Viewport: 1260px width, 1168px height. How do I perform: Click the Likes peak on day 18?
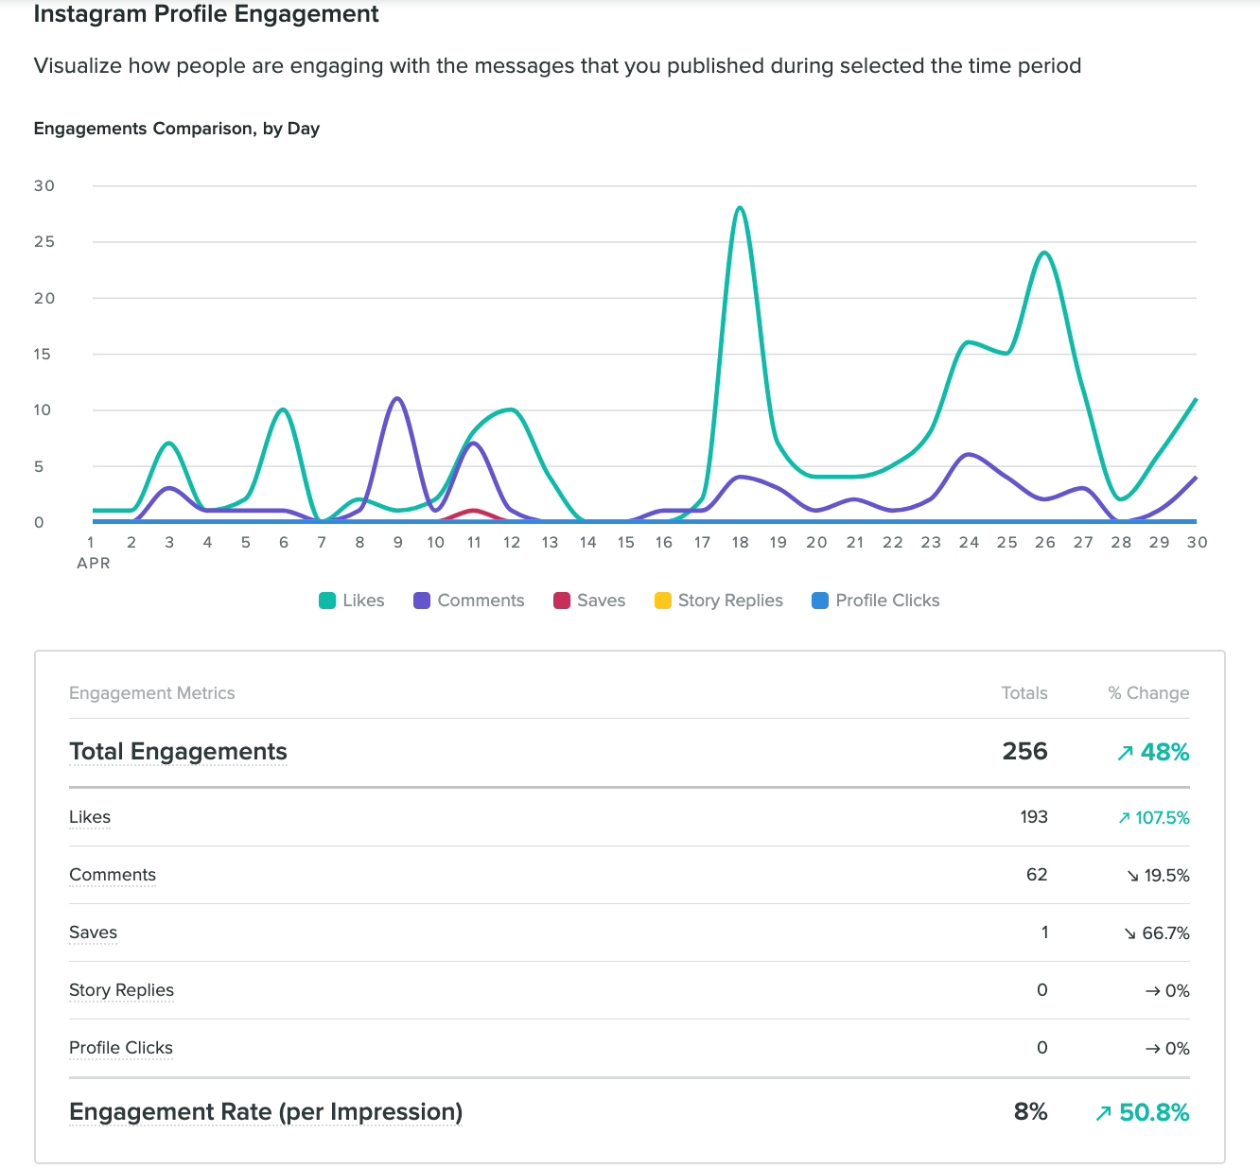[740, 208]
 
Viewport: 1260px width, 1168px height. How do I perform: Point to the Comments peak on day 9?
[397, 399]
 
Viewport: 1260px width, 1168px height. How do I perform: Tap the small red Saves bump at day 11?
[473, 512]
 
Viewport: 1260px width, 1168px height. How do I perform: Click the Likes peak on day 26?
[1044, 253]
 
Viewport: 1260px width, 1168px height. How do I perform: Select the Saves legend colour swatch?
[562, 601]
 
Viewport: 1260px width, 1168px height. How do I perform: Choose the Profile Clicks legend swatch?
[820, 601]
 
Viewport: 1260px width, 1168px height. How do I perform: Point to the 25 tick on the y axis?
[44, 242]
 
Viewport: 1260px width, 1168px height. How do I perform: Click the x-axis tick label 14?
[587, 542]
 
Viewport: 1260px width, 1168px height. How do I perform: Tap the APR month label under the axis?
[94, 563]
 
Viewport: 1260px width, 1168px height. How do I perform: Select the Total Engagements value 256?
[1024, 752]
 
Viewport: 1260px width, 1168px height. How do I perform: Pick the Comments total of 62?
[1037, 875]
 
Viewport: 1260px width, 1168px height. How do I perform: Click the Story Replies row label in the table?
[121, 990]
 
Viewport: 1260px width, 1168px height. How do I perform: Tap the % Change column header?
[1148, 693]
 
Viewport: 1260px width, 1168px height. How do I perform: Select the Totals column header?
[1024, 693]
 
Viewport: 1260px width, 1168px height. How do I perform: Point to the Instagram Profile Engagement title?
[206, 14]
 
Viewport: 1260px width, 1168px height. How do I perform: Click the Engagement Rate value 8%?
[1030, 1112]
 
